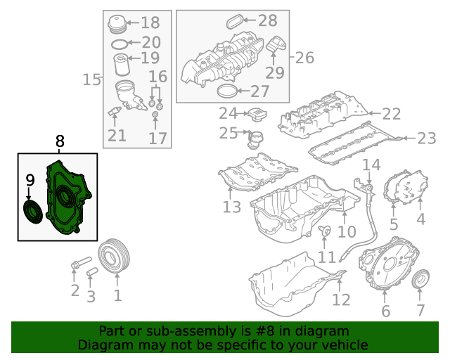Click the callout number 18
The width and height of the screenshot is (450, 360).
point(150,22)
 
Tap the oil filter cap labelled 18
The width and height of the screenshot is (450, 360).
point(117,24)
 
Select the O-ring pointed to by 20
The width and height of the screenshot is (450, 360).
point(119,44)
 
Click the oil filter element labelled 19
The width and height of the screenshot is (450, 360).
point(122,65)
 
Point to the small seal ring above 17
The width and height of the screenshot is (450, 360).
point(155,115)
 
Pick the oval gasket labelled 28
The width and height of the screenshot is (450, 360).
point(234,22)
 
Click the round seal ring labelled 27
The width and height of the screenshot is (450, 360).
point(228,91)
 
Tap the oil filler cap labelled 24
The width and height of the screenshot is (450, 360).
point(257,115)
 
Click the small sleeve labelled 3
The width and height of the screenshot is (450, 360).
point(92,271)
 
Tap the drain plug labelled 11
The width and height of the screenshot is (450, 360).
point(325,231)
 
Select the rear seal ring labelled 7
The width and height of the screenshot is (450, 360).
point(420,278)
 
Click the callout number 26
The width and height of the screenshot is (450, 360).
point(304,58)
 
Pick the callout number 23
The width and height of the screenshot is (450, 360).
point(427,139)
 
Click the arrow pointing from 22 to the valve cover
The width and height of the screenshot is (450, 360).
point(375,113)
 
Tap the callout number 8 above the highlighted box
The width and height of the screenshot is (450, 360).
point(59,141)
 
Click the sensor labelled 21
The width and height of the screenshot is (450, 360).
point(115,111)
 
